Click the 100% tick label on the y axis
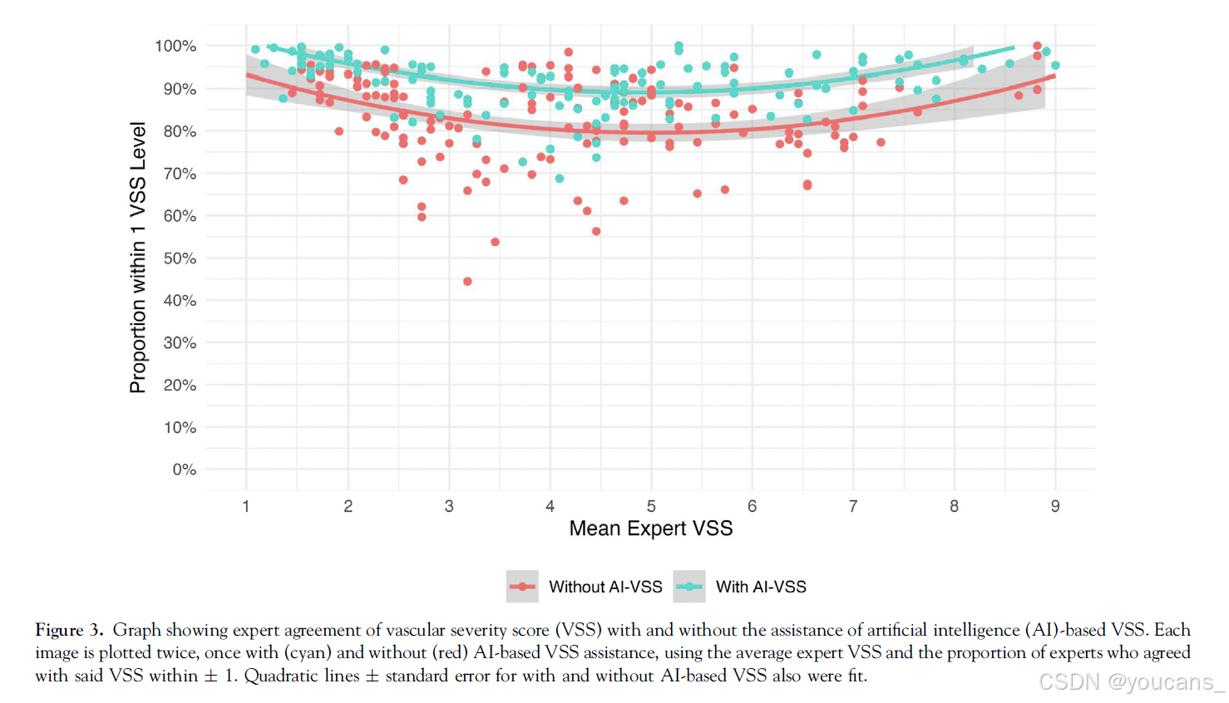(175, 47)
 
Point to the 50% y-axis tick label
(180, 258)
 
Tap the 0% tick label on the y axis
(184, 469)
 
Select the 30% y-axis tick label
(180, 342)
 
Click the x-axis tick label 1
(246, 506)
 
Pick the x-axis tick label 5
(651, 506)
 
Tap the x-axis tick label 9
(1055, 506)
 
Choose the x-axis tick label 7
(853, 506)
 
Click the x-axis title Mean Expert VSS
(650, 528)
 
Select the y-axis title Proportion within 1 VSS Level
(138, 258)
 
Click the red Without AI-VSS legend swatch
(522, 587)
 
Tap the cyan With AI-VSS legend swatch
(689, 587)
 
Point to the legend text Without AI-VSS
(605, 587)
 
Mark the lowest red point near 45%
(467, 282)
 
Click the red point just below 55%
(496, 242)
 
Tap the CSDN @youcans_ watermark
(1131, 682)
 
